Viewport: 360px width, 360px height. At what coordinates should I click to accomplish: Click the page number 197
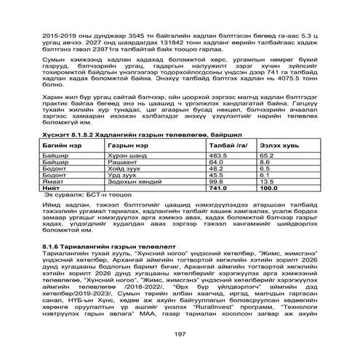181,334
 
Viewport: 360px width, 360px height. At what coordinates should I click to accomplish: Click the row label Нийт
52,188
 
